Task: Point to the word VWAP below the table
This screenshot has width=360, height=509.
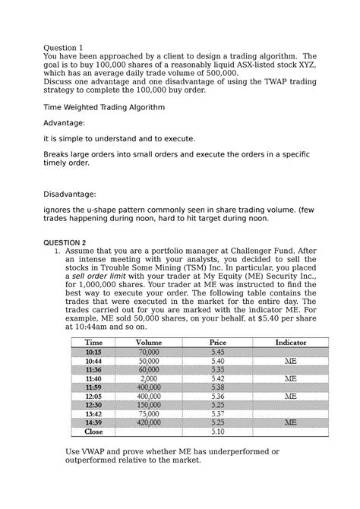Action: pyautogui.click(x=102, y=451)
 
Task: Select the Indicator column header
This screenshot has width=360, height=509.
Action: pyautogui.click(x=290, y=343)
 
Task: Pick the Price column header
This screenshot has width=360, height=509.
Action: pyautogui.click(x=217, y=343)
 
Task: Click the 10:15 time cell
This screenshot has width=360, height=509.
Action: pyautogui.click(x=93, y=353)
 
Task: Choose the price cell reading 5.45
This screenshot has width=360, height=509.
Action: pyautogui.click(x=217, y=353)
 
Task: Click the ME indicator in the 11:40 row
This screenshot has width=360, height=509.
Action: pyautogui.click(x=290, y=378)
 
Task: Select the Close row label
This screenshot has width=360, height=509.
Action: pyautogui.click(x=93, y=432)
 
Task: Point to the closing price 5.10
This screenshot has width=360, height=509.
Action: pyautogui.click(x=217, y=432)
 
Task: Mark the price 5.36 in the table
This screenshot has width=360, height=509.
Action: pyautogui.click(x=217, y=396)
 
